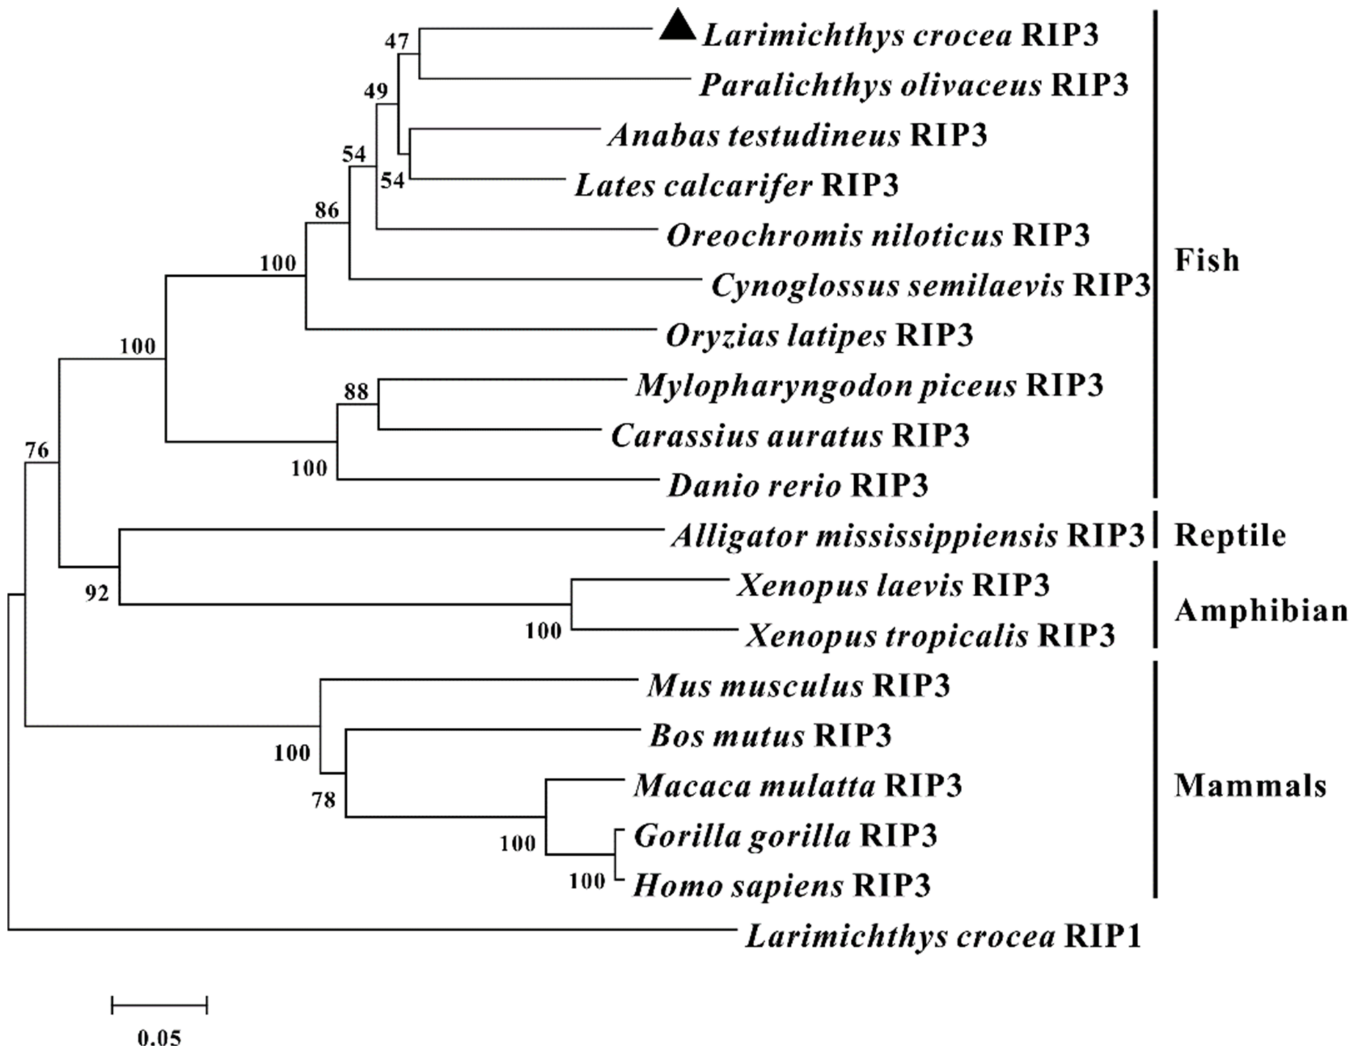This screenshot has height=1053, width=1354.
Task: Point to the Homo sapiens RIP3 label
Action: coord(782,886)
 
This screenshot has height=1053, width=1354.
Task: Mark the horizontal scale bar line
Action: coord(159,1005)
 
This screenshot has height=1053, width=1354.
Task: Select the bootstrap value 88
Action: coord(356,392)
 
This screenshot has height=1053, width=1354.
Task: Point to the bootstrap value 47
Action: coord(397,42)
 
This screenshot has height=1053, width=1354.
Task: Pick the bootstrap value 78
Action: coord(323,801)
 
